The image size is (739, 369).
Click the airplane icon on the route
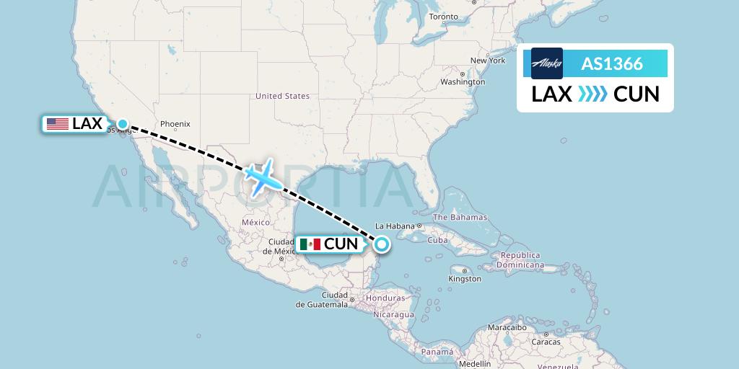pos(261,176)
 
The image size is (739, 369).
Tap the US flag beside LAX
pos(57,124)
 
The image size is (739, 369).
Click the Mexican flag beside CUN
pos(310,244)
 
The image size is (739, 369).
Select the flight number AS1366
pos(611,63)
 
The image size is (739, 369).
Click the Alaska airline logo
pos(546,63)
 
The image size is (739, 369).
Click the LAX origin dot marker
pos(123,124)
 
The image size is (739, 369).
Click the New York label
pos(488,61)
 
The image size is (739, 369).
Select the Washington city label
pos(463,82)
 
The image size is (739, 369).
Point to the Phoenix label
pos(175,123)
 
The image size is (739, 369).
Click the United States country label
pos(282,96)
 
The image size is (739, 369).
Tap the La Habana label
pos(393,226)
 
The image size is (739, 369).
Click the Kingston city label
pos(465,278)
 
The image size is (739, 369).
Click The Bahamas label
pos(460,217)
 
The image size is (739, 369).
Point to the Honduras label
pos(385,298)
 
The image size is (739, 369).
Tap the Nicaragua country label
pos(393,315)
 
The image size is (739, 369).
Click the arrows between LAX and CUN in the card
pos(592,94)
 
